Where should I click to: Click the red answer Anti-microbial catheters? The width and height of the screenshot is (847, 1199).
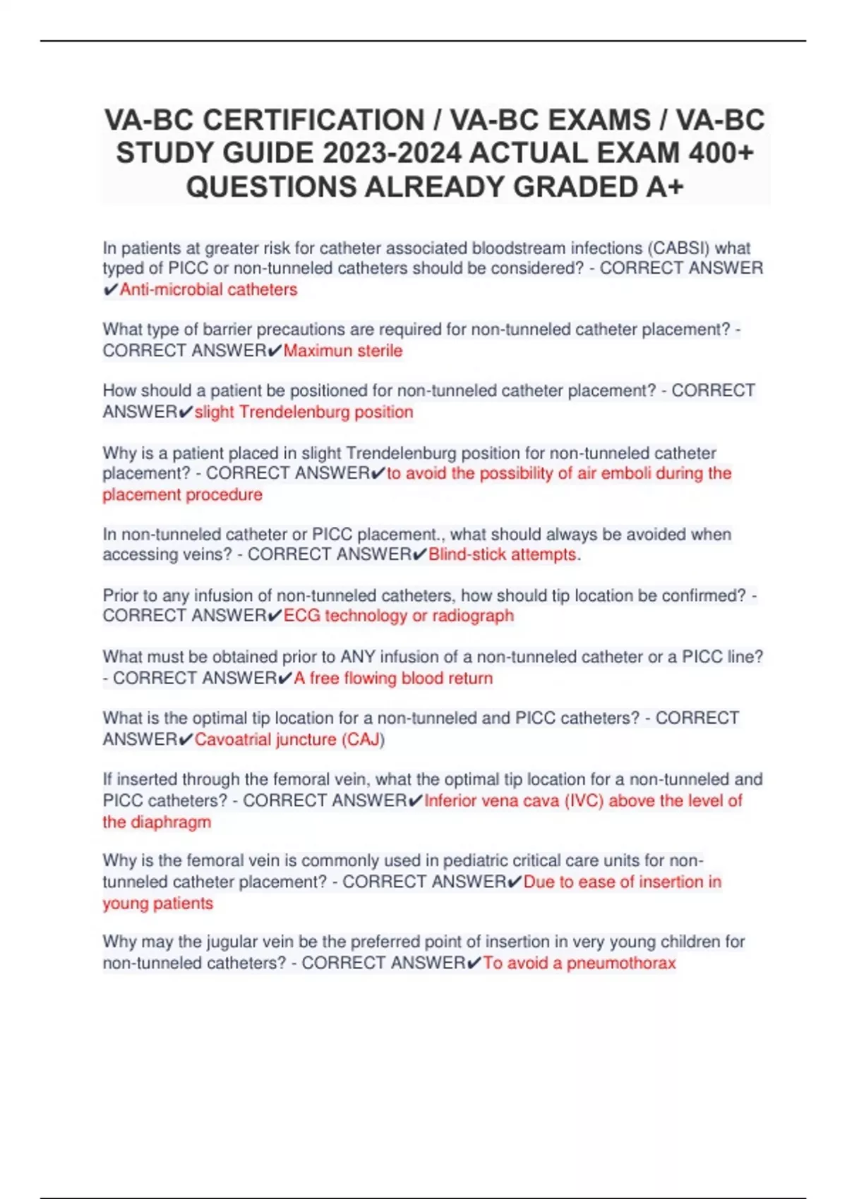tap(208, 289)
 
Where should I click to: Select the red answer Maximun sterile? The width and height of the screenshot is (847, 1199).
tap(343, 351)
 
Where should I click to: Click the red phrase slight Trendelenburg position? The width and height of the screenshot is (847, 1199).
tap(304, 412)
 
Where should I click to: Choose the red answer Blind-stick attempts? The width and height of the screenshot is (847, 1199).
tap(503, 554)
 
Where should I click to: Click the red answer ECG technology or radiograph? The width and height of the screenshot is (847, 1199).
tap(399, 616)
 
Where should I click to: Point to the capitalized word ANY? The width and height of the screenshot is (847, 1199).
tap(358, 657)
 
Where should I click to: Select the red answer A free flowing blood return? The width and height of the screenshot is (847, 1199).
tap(393, 678)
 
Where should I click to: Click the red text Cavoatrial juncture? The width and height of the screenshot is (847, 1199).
tap(265, 739)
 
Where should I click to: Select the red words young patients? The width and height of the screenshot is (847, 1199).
tap(158, 903)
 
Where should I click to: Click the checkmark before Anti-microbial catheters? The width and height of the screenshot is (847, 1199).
tap(111, 290)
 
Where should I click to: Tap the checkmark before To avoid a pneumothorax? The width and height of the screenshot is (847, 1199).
tap(474, 963)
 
